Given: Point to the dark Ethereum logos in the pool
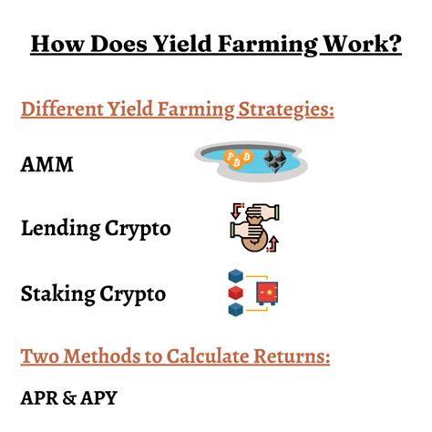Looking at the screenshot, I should tap(274, 160).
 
